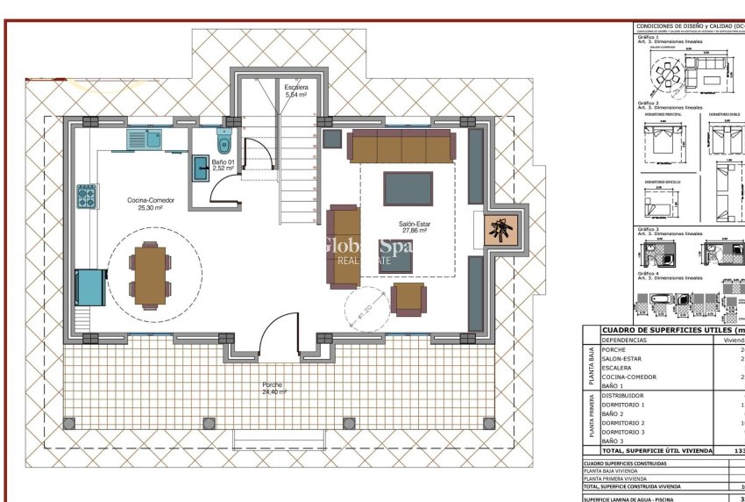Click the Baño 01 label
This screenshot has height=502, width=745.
point(223,164)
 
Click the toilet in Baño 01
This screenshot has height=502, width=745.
point(223,141)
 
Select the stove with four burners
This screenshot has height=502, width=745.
point(87,197)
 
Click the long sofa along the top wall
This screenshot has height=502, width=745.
point(402,146)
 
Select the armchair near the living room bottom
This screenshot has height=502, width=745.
point(408,298)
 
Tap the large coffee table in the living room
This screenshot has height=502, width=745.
point(408,188)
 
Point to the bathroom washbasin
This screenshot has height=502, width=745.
point(200,168)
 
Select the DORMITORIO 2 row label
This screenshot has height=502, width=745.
point(624,423)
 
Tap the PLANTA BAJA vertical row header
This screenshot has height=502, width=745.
point(592,367)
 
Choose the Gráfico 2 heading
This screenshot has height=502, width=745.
point(648,103)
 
